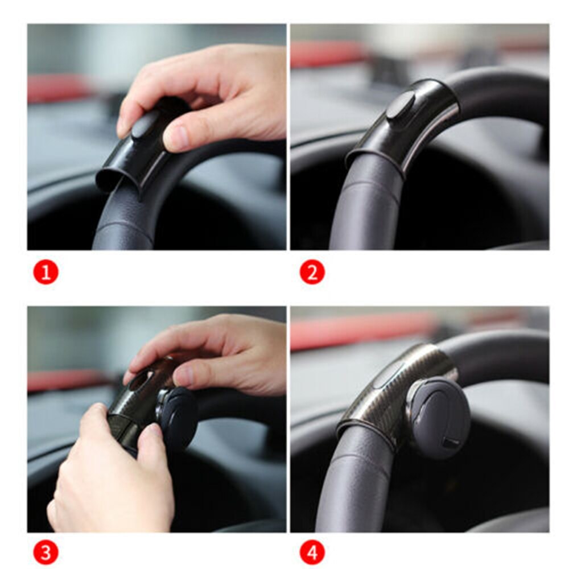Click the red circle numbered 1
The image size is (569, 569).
(x=46, y=273)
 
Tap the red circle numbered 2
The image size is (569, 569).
(x=312, y=273)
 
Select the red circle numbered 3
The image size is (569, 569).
(x=46, y=551)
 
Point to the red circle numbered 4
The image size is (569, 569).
(x=312, y=551)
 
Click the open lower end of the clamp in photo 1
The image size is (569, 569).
(x=111, y=179)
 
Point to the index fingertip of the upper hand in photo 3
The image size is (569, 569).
(x=130, y=376)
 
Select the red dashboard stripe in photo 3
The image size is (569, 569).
(x=63, y=380)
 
